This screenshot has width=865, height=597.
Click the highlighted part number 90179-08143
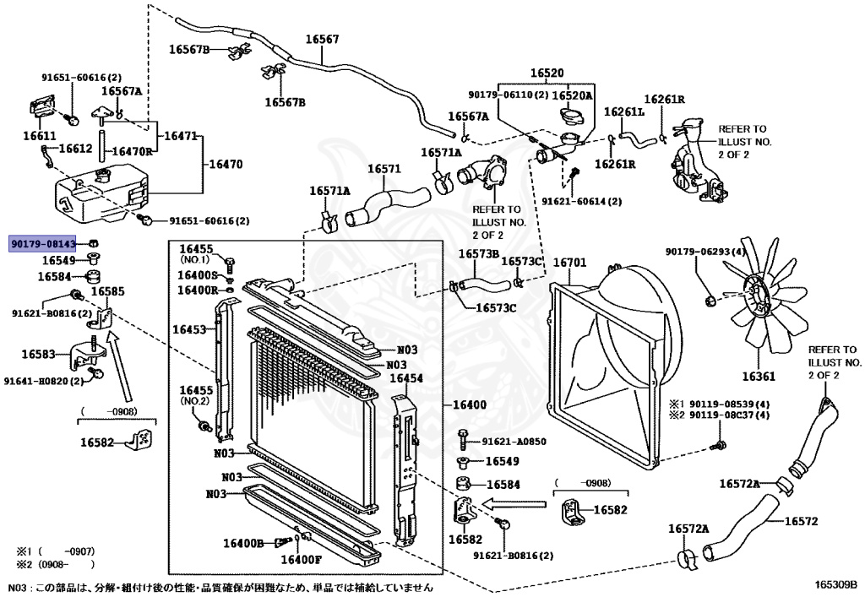click(42, 244)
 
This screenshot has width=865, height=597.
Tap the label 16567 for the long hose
click(322, 39)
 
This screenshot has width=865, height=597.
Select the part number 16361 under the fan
click(759, 377)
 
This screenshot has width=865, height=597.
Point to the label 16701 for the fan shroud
click(570, 263)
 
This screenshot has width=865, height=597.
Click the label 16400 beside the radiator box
click(470, 405)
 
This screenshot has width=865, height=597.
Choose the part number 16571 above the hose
click(384, 169)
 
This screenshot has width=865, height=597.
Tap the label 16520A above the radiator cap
click(572, 95)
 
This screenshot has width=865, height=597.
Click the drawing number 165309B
click(837, 583)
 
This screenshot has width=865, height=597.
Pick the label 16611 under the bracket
click(40, 136)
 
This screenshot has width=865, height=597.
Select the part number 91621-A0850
click(514, 442)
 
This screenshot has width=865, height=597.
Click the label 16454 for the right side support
click(406, 378)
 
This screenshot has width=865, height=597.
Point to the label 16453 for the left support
click(189, 329)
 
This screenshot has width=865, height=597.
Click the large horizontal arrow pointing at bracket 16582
click(514, 504)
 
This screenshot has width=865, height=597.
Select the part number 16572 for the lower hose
click(801, 522)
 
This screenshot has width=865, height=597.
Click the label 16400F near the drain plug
click(302, 560)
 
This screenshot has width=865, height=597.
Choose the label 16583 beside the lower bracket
click(39, 355)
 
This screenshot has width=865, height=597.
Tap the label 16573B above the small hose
click(479, 253)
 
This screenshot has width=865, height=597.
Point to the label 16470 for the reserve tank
click(225, 165)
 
